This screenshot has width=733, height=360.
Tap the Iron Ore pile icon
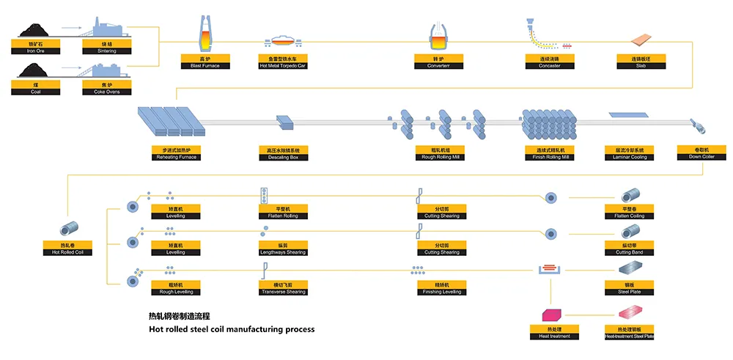point(32,30)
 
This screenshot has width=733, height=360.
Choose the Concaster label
point(544,62)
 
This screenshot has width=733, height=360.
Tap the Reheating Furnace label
point(174,154)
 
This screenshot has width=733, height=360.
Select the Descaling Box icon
point(284,122)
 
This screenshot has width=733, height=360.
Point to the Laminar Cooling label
point(625,154)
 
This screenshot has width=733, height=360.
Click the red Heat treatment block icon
point(549,315)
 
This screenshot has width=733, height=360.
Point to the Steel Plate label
point(625,288)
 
